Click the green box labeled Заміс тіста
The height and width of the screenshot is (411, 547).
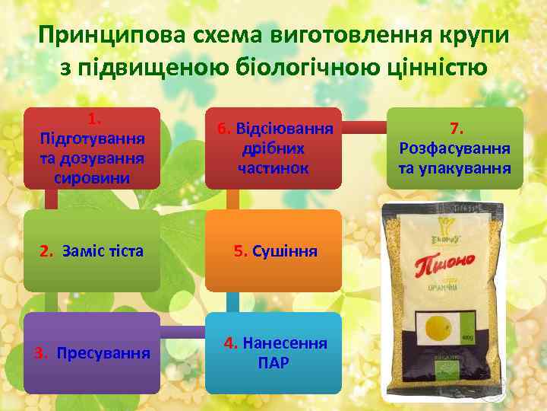click(91, 251)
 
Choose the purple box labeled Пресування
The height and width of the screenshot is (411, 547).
click(91, 353)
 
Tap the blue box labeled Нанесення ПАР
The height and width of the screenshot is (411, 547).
click(274, 353)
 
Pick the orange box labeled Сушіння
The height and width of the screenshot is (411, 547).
click(274, 251)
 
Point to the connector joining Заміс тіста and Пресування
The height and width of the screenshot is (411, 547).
click(52, 302)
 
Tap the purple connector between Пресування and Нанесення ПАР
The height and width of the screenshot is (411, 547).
click(182, 333)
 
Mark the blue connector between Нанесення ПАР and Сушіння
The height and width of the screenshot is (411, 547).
click(232, 302)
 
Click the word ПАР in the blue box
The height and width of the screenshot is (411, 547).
click(274, 362)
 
